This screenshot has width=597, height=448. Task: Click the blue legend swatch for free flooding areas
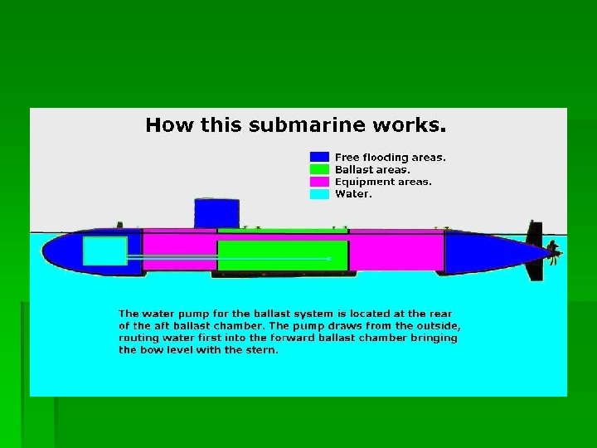319,157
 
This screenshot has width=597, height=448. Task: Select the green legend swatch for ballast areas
319,169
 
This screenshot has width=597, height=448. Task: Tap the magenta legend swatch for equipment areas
319,182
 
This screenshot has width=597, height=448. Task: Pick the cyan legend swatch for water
319,194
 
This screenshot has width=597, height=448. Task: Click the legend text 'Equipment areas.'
383,182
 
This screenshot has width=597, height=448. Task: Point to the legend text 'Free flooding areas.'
390,157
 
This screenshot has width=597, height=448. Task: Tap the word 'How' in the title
164,126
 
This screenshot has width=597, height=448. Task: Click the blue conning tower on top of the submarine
216,213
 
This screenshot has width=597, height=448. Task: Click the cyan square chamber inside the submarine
105,251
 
